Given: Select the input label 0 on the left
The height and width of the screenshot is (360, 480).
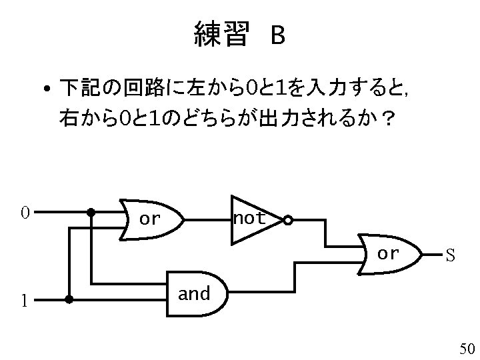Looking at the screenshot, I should tap(24, 213).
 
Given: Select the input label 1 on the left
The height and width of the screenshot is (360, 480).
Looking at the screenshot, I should tap(24, 301).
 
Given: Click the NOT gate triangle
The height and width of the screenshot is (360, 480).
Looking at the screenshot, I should tap(252, 218).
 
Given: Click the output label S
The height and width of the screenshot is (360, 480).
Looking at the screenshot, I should tap(451, 255).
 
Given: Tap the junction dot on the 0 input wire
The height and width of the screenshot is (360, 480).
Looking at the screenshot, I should tap(91, 213).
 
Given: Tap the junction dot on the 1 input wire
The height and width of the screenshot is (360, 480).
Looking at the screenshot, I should tap(69, 300).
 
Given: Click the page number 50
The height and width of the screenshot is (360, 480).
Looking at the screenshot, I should tap(466, 349).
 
